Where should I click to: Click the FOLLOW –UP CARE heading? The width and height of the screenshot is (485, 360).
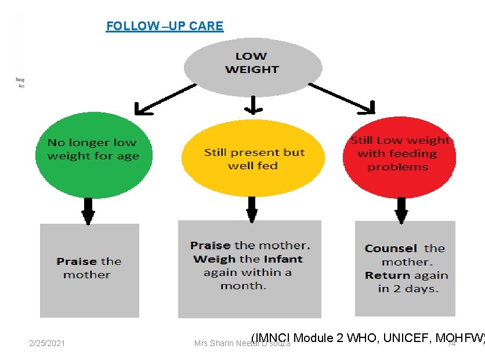coord(164,26)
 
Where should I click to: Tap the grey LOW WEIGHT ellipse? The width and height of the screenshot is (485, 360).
coord(252,63)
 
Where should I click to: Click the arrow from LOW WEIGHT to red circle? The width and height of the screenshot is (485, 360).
coord(342,98)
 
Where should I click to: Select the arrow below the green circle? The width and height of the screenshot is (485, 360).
coord(88,210)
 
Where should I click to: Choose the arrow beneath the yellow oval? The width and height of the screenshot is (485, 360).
coord(251,209)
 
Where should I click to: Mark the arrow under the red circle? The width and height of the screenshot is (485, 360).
coord(401,210)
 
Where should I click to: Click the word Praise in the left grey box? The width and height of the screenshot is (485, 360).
coord(77,261)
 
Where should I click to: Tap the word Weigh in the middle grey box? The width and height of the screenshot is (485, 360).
coord(214,259)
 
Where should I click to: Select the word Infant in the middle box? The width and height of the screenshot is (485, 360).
coord(282,259)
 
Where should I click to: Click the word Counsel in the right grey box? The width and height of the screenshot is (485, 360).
coord(391,249)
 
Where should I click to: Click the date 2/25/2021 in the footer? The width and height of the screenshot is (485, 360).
coord(47,344)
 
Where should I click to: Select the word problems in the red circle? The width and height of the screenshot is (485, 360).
coord(397,167)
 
